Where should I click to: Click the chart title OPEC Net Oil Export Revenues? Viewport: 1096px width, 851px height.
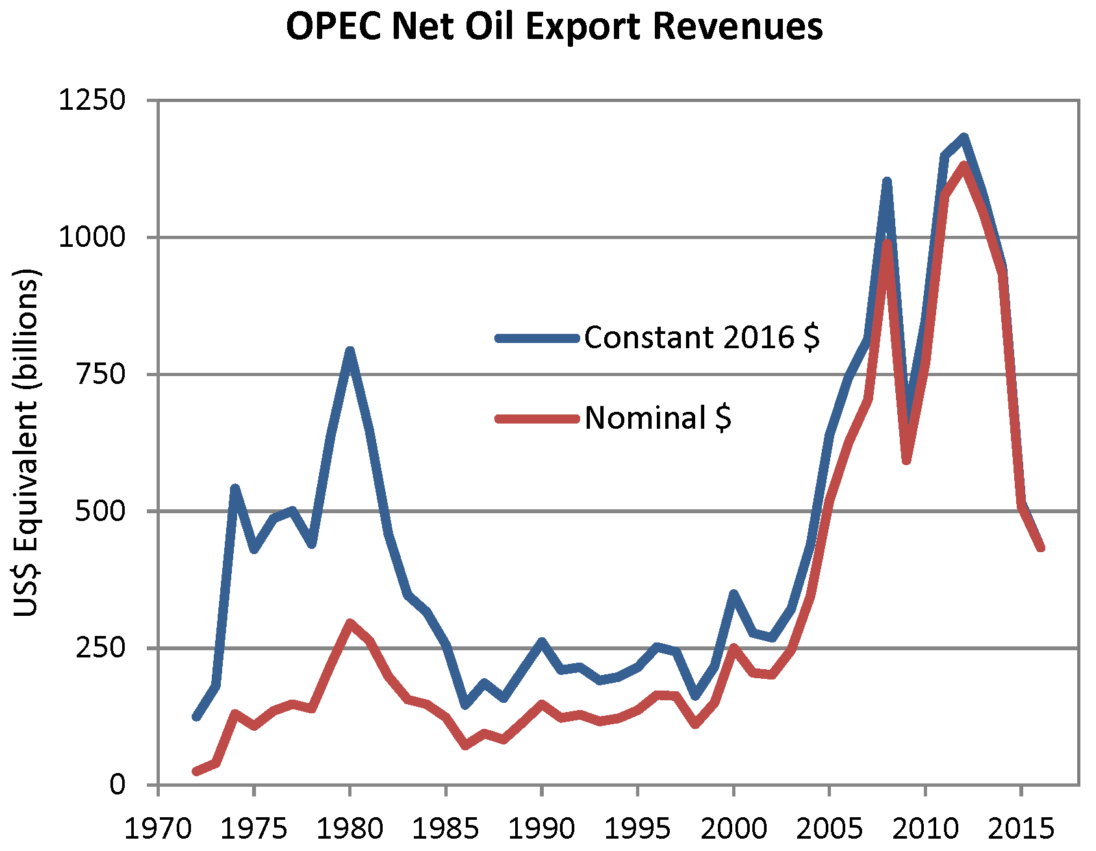coord(554,27)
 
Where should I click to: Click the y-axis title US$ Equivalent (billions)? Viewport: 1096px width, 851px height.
coord(27,442)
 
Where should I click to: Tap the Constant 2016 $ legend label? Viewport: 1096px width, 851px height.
coord(702,338)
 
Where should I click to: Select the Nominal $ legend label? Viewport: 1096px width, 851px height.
coord(657,418)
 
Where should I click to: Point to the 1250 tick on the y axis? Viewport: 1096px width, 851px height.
coord(92,101)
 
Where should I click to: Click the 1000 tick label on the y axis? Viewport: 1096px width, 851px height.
coord(92,237)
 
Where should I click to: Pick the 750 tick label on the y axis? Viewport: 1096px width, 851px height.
coord(100,374)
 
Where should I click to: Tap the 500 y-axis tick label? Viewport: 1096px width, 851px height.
coord(100,511)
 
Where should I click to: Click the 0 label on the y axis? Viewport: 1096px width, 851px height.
coord(117,785)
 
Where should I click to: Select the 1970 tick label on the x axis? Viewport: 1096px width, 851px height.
coord(158,829)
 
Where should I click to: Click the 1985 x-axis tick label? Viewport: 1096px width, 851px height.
coord(446,829)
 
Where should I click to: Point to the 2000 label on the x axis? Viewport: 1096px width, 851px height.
coord(733,829)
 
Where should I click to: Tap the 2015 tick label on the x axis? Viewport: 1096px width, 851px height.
coord(1021,829)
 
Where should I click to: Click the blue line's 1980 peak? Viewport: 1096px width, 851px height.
coord(350,351)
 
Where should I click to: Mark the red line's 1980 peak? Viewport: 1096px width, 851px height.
coord(350,623)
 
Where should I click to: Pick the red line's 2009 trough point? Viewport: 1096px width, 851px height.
coord(906,461)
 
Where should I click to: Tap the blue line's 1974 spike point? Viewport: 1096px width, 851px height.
coord(235,489)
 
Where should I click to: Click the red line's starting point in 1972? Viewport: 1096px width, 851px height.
coord(196,771)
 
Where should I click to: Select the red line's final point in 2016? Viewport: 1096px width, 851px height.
coord(1041,548)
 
